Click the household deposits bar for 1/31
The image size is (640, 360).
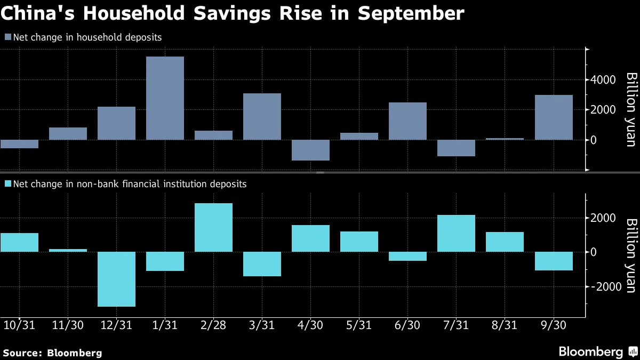165,98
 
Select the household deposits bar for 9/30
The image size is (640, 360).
554,117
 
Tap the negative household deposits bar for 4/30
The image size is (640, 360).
310,150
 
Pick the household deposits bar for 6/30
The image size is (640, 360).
407,121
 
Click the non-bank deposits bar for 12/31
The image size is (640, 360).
117,279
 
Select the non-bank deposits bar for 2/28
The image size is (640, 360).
213,227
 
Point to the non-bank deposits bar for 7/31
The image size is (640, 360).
457,234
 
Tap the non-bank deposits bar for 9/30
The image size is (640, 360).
554,261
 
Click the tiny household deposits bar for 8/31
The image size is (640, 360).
505,139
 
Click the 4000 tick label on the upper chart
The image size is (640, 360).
603,79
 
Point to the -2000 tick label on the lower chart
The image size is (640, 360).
606,286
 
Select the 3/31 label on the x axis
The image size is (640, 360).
262,325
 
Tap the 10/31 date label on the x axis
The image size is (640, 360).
19,325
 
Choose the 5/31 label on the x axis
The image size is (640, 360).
359,325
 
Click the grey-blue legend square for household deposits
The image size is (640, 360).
8,37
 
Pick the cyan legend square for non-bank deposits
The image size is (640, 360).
8,183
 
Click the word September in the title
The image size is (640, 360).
411,13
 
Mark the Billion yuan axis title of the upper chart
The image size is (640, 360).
631,110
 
